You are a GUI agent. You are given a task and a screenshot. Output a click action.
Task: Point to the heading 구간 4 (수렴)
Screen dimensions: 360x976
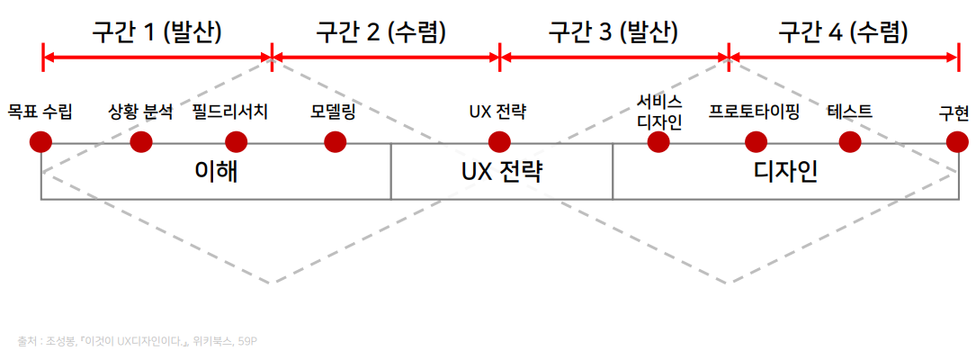pos(843,32)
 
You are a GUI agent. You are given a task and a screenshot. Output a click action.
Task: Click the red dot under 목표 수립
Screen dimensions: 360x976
pos(40,142)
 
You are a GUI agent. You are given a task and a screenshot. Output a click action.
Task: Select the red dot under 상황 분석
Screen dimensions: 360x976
pos(141,142)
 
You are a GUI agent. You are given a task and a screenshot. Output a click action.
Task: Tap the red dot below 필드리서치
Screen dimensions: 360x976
pos(236,142)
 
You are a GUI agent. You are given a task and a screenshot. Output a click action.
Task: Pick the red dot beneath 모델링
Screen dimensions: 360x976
pos(335,142)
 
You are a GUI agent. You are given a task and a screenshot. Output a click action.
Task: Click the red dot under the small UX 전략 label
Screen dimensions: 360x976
pos(499,142)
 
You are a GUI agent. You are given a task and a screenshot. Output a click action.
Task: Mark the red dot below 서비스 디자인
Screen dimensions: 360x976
pos(658,142)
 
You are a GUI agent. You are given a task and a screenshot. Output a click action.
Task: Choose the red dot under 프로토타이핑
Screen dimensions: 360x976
pos(757,142)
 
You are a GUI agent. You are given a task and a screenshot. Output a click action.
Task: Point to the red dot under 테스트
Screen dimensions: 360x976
pos(850,142)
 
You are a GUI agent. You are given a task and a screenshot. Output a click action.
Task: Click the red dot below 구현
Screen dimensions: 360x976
pos(957,142)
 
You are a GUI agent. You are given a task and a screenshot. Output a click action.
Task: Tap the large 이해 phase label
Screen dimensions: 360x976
pos(216,171)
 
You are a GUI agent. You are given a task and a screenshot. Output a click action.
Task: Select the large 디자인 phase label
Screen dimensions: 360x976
pos(785,171)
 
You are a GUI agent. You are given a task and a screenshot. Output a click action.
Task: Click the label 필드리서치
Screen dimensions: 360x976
pos(230,112)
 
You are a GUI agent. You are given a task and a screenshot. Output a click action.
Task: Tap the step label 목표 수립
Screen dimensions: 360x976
pos(40,112)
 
